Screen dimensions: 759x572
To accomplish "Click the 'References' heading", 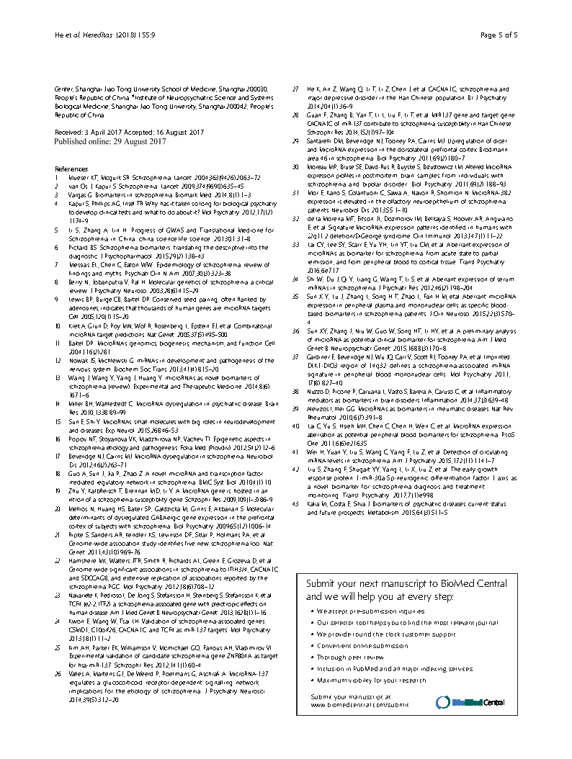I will [71, 168].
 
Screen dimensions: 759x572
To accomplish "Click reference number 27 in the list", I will [295, 89].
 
